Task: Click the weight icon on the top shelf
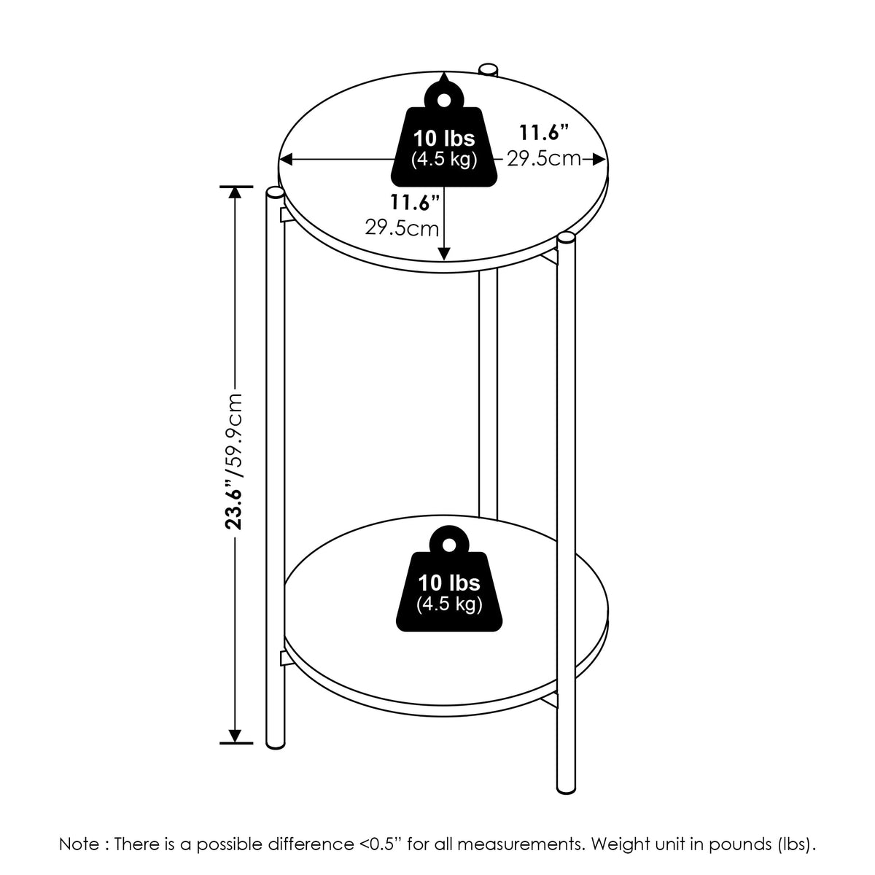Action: point(443,136)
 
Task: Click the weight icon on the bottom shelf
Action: point(449,579)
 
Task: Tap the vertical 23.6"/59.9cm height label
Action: point(235,462)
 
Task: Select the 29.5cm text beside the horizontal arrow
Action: point(544,159)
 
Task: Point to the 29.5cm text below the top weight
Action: point(402,228)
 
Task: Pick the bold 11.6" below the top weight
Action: point(415,202)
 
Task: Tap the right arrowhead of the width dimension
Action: point(599,160)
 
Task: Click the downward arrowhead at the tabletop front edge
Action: point(444,254)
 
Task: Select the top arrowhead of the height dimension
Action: point(235,193)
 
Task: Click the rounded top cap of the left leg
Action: point(275,193)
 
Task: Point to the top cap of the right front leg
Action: point(566,239)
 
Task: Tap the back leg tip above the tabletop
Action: point(488,69)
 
